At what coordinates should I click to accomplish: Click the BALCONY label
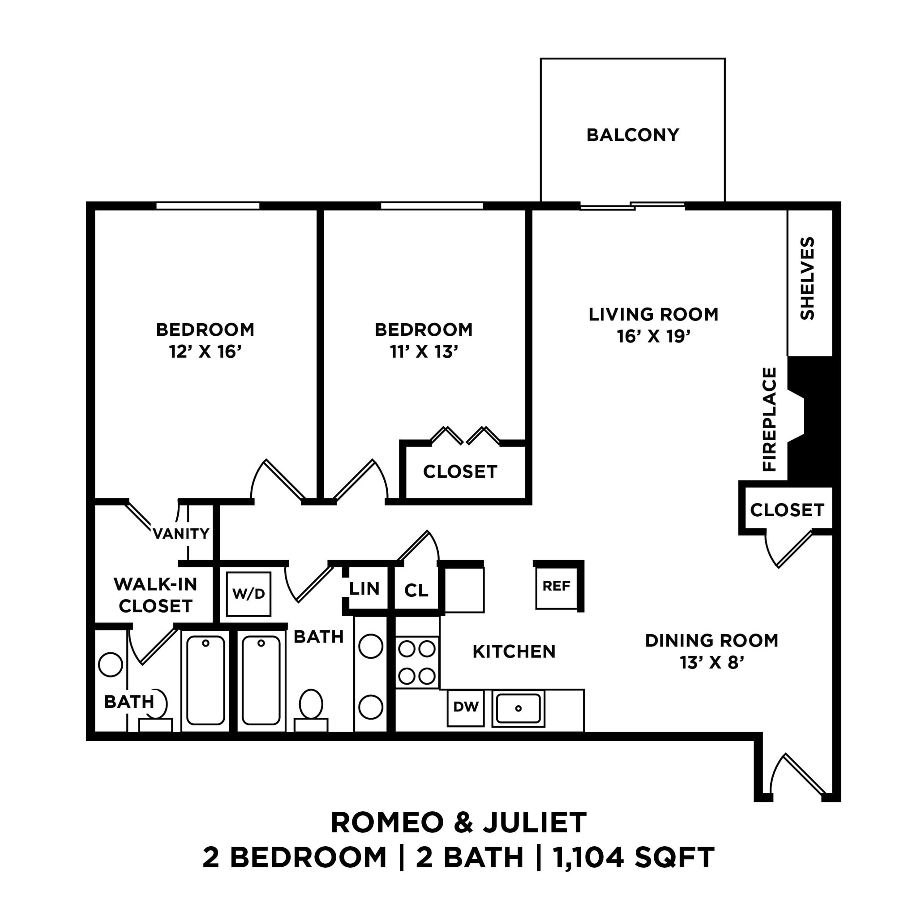[x=633, y=135]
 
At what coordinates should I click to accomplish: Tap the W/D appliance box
[x=249, y=594]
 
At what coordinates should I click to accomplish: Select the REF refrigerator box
[x=556, y=586]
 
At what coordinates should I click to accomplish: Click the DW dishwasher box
[x=466, y=707]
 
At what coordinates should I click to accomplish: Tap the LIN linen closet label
[x=364, y=589]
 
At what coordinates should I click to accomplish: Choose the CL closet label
[x=416, y=591]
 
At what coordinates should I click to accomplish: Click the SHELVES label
[x=807, y=279]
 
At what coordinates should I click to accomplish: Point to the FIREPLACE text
[x=769, y=419]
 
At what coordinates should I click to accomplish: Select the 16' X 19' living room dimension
[x=653, y=337]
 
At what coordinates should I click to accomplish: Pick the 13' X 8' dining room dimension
[x=711, y=662]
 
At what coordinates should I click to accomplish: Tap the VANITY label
[x=181, y=534]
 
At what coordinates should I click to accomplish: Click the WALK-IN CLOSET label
[x=155, y=595]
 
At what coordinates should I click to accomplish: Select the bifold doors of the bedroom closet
[x=465, y=436]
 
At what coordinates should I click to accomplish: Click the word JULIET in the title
[x=535, y=823]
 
